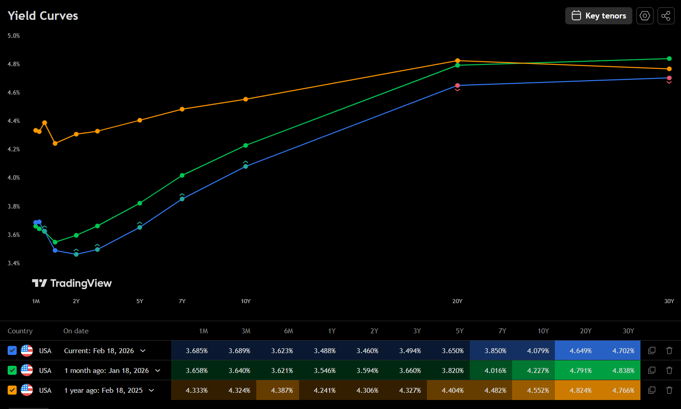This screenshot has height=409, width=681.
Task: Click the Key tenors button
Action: click(599, 16)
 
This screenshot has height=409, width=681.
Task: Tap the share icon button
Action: click(666, 16)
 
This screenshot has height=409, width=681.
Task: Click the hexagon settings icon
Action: click(645, 16)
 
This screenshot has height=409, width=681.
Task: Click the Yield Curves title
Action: click(43, 16)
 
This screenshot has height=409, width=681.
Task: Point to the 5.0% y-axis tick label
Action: click(14, 36)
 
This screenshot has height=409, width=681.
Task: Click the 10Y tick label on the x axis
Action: click(245, 301)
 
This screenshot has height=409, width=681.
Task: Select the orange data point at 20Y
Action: click(457, 60)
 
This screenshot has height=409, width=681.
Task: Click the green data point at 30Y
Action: click(669, 59)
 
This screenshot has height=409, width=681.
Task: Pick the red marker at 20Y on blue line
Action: click(457, 86)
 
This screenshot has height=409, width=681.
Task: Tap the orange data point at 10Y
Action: click(245, 99)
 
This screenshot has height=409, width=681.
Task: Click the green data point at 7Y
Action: click(182, 175)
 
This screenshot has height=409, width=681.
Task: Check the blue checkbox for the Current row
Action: click(12, 350)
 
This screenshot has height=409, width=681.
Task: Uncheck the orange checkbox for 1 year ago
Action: click(12, 390)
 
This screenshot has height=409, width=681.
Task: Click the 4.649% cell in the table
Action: click(581, 350)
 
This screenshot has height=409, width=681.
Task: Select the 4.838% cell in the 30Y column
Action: click(623, 370)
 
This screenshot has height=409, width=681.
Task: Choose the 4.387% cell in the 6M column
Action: click(282, 390)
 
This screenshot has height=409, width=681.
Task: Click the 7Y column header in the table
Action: click(502, 331)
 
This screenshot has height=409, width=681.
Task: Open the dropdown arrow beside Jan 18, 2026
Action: click(158, 370)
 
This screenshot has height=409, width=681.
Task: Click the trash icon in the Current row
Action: click(669, 350)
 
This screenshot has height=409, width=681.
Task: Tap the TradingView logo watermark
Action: click(72, 283)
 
